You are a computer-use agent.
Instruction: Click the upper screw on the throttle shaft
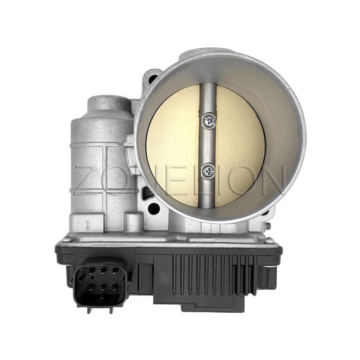209,121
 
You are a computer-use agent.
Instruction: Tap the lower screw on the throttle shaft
208,171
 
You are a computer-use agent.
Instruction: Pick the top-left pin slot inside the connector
91,271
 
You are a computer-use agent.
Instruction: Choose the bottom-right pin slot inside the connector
116,287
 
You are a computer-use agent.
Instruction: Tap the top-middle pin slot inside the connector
104,271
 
